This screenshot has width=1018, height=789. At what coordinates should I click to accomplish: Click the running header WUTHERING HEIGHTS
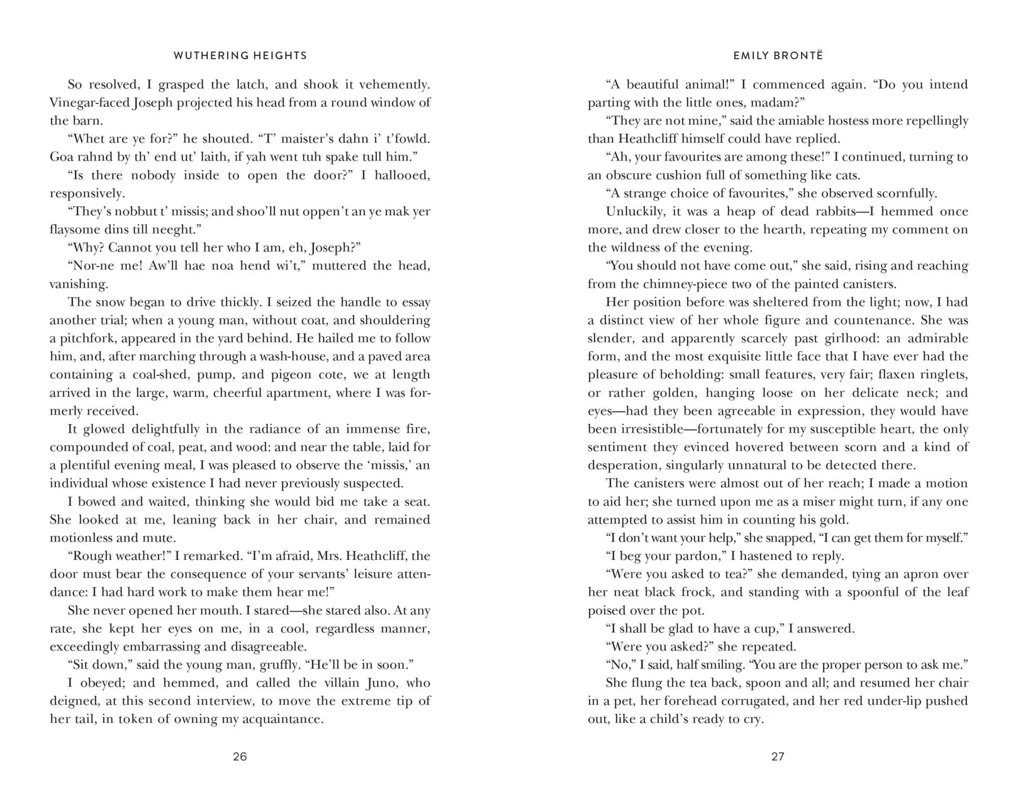[240, 55]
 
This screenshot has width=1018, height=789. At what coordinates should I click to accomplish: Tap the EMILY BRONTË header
[778, 55]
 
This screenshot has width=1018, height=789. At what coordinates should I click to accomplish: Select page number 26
[240, 756]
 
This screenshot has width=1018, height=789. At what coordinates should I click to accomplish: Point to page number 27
[778, 756]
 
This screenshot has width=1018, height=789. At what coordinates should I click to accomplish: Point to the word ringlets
[941, 374]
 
